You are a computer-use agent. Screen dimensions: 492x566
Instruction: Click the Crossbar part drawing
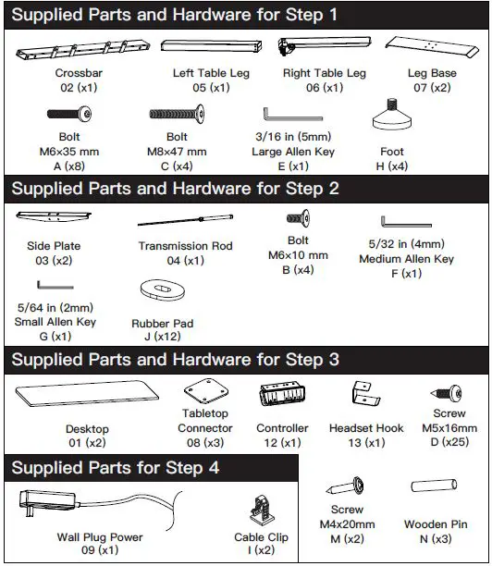point(82,49)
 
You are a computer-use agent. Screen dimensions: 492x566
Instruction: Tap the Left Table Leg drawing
point(211,46)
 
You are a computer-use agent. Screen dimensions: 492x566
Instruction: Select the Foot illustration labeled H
point(392,114)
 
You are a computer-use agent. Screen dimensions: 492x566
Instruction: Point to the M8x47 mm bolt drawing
point(177,114)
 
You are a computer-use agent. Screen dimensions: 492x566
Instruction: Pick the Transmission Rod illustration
point(185,220)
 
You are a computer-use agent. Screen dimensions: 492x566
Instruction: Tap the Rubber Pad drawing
point(163,289)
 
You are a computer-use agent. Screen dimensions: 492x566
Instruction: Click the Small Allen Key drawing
point(55,287)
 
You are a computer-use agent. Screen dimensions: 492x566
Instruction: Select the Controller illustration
point(282,393)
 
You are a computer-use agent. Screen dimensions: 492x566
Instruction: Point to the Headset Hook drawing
point(365,395)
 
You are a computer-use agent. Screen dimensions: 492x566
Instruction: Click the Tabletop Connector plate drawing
point(206,391)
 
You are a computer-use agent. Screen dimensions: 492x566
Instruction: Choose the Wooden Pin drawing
point(434,486)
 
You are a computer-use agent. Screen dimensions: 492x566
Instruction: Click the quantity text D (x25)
point(449,442)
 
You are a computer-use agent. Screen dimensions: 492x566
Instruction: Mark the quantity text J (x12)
point(163,337)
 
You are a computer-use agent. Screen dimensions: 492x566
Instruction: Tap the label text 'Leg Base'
point(432,73)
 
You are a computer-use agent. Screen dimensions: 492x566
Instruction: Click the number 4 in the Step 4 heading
point(214,468)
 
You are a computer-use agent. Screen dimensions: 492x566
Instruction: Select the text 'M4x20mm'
point(347,524)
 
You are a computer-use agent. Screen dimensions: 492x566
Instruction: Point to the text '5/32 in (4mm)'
point(406,244)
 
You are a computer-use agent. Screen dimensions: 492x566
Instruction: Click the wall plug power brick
point(48,500)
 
